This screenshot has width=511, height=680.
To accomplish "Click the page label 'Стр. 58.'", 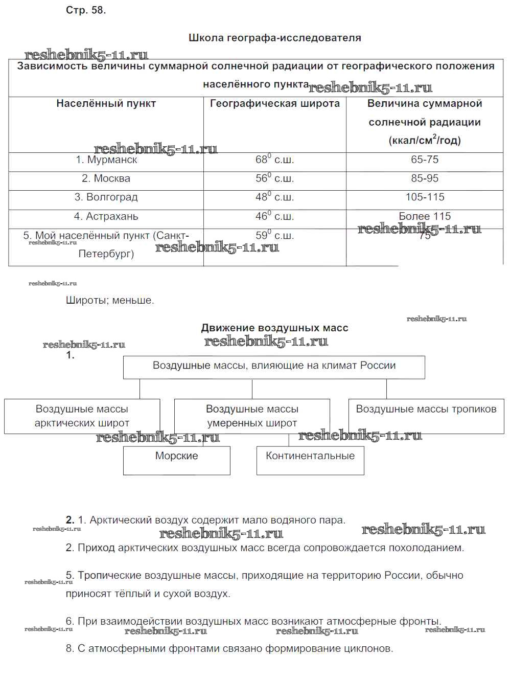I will pyautogui.click(x=86, y=10).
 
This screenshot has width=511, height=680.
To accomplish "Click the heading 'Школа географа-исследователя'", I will pyautogui.click(x=274, y=38).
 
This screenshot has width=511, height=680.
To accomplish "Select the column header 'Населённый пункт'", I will pyautogui.click(x=106, y=104).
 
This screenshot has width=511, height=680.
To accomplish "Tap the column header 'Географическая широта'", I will pyautogui.click(x=274, y=104).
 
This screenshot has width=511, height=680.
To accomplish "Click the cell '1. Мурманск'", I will pyautogui.click(x=106, y=160).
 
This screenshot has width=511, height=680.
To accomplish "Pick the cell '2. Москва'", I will pyautogui.click(x=106, y=178).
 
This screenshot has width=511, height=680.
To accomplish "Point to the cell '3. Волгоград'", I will pyautogui.click(x=106, y=197).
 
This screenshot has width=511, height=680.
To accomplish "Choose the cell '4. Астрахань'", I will pyautogui.click(x=106, y=216).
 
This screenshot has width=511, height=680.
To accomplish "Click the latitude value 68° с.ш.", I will pyautogui.click(x=274, y=160).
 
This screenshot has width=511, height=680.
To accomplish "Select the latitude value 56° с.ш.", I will pyautogui.click(x=274, y=178).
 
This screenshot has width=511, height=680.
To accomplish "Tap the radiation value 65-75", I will pyautogui.click(x=425, y=160).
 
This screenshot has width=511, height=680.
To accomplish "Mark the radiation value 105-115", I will pyautogui.click(x=425, y=197).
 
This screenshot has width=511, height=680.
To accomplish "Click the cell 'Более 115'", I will pyautogui.click(x=425, y=216).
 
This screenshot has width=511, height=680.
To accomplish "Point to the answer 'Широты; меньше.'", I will pyautogui.click(x=110, y=301).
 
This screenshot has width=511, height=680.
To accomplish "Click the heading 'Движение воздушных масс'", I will pyautogui.click(x=274, y=328).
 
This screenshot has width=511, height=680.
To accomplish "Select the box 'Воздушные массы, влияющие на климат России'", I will pyautogui.click(x=274, y=366).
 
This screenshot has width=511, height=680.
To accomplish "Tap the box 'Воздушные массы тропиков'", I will pyautogui.click(x=426, y=410).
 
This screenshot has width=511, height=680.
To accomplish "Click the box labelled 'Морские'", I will pyautogui.click(x=176, y=456).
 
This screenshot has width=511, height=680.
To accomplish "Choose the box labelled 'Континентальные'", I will pyautogui.click(x=310, y=456).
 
